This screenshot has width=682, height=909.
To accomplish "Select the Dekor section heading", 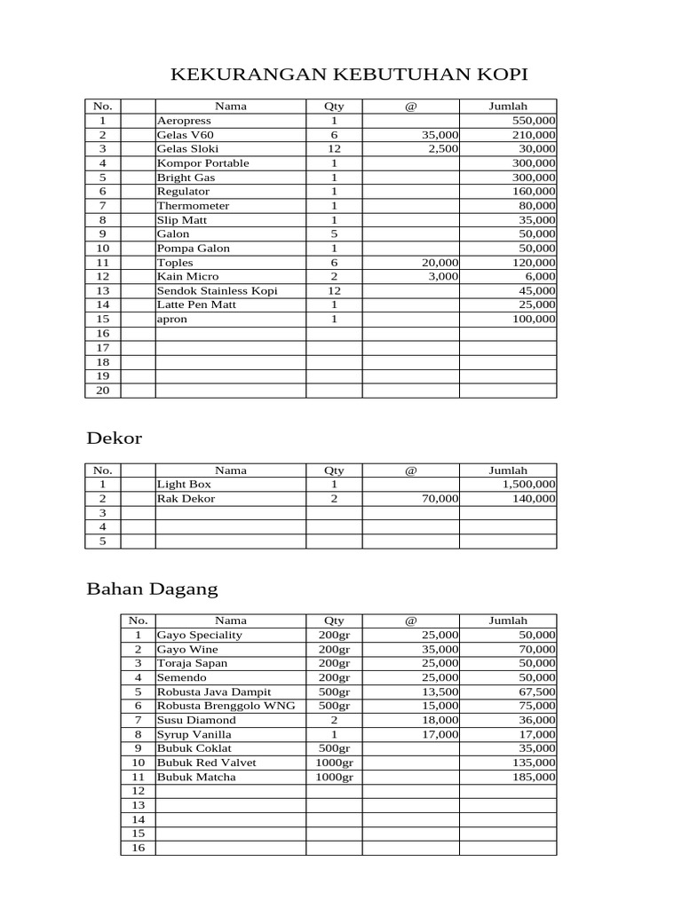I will [114, 439].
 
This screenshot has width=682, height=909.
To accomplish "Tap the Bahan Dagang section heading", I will [151, 589].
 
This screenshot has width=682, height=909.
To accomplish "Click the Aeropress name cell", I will [184, 121].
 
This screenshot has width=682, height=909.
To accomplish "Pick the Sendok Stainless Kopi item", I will [217, 291].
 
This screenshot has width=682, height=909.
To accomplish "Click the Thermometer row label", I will [193, 206].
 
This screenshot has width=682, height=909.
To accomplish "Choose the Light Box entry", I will [184, 485].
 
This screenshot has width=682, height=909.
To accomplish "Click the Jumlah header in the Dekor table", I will [508, 470].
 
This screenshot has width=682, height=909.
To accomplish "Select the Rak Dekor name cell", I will [186, 499].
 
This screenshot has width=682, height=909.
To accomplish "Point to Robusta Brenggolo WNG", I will [226, 707].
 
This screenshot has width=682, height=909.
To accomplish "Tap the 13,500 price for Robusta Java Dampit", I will [440, 692].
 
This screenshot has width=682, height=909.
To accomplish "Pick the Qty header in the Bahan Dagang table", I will [334, 621].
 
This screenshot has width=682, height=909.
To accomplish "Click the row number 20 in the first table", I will [102, 391].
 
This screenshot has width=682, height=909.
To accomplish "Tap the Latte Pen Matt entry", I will [196, 305].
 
